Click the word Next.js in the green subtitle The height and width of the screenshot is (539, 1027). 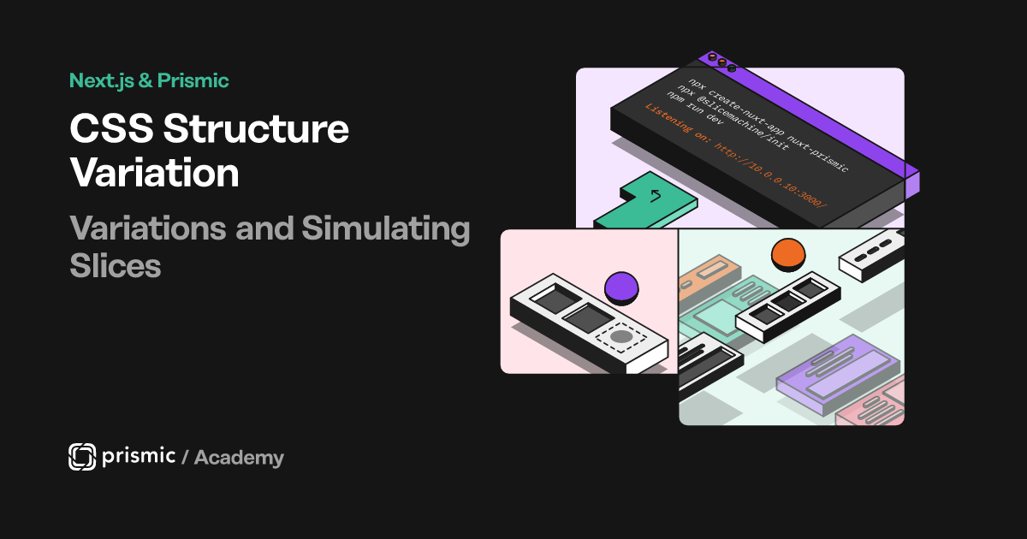pyautogui.click(x=102, y=81)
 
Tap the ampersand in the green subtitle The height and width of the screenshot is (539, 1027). pyautogui.click(x=145, y=80)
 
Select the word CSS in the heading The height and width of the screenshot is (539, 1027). pyautogui.click(x=111, y=129)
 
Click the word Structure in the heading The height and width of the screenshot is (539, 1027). pyautogui.click(x=256, y=129)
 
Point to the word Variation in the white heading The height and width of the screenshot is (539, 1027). pyautogui.click(x=155, y=173)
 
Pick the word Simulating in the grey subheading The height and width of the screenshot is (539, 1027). pyautogui.click(x=386, y=229)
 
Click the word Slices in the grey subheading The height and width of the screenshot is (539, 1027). pyautogui.click(x=115, y=266)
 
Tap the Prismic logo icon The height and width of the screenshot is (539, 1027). pyautogui.click(x=82, y=457)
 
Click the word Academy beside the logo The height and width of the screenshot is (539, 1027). pyautogui.click(x=239, y=458)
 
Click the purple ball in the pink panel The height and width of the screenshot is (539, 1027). pyautogui.click(x=621, y=288)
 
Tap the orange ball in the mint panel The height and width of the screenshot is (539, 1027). pyautogui.click(x=788, y=255)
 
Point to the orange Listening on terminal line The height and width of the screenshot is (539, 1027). pyautogui.click(x=736, y=156)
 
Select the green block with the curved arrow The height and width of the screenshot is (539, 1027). pyautogui.click(x=645, y=201)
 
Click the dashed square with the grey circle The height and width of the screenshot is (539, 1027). pyautogui.click(x=621, y=338)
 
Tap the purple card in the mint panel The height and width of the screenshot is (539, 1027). pyautogui.click(x=838, y=375)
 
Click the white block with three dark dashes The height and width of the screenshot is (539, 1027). pyautogui.click(x=871, y=255)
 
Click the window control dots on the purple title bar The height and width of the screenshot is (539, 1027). pyautogui.click(x=721, y=62)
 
